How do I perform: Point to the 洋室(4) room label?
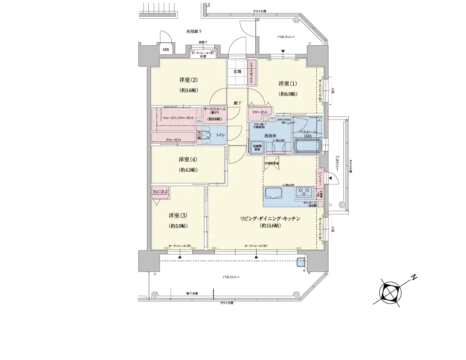coord(188,160)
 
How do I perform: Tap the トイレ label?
coord(221,134)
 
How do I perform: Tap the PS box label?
coord(272,119)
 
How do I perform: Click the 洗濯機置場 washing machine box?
coord(257,148)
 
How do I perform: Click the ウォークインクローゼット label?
coord(178,118)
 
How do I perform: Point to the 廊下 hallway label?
coord(238,103)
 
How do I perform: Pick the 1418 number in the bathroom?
coord(307,135)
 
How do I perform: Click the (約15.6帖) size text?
coord(270,226)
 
